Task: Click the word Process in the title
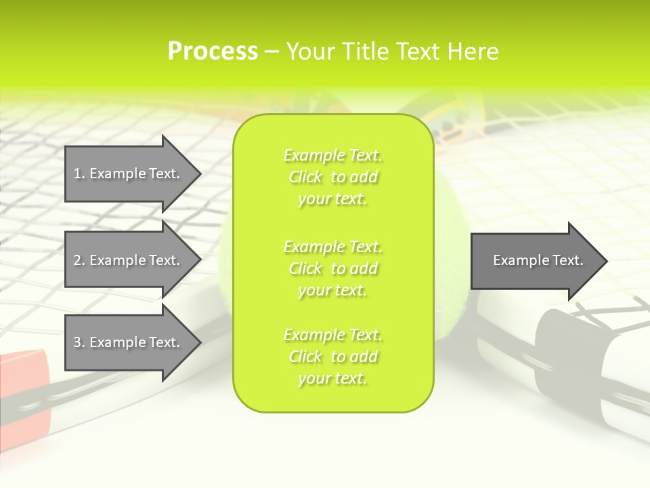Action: tap(213, 51)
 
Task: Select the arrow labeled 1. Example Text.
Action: tap(127, 174)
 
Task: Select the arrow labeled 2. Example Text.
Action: tap(127, 260)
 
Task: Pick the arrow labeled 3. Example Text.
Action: tap(127, 342)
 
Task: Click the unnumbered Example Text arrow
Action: tap(538, 260)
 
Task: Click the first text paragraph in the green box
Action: tap(332, 177)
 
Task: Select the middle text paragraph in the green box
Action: tap(332, 268)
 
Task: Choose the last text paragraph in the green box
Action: tap(332, 357)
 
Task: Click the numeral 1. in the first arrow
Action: tap(79, 174)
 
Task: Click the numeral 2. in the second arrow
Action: tap(79, 260)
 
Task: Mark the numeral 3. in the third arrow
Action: tap(79, 342)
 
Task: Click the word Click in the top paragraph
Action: tap(305, 177)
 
